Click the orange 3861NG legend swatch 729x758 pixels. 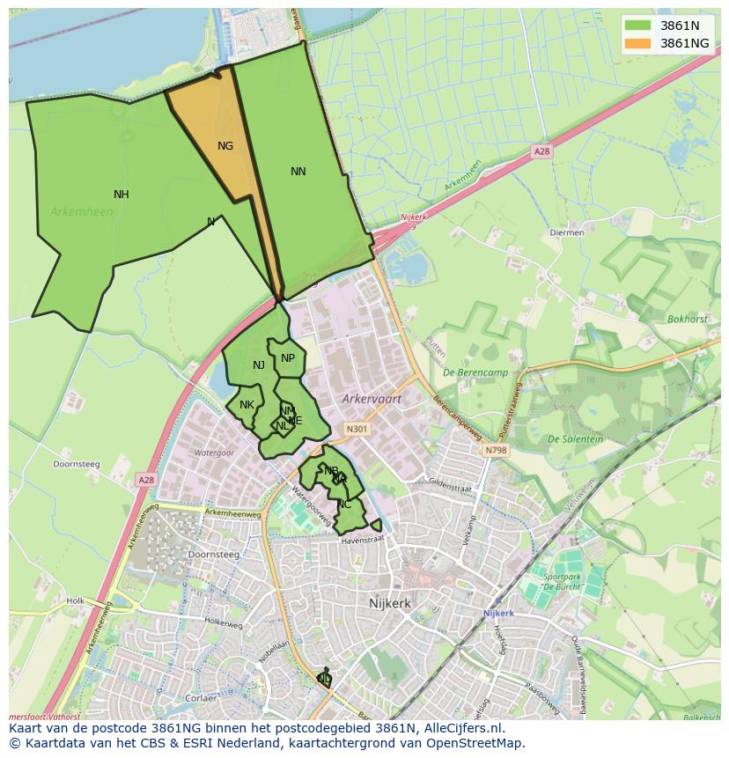coord(637,42)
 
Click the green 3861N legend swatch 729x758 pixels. coord(637,25)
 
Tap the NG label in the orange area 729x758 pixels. coord(225,146)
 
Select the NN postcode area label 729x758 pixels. coord(298,172)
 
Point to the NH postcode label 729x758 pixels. coord(121,195)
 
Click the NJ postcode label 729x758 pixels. coord(259,365)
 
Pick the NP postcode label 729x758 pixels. coord(288,358)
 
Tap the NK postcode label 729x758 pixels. coord(247,405)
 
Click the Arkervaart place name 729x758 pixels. coord(372,399)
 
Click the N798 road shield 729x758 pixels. coord(496,450)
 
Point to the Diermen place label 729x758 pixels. coord(566,233)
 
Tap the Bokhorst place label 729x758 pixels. coord(687,320)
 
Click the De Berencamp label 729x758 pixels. coord(476,372)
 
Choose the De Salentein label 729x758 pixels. coord(575,439)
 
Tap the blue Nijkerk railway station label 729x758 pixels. coord(498,613)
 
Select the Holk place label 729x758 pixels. coord(75,601)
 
